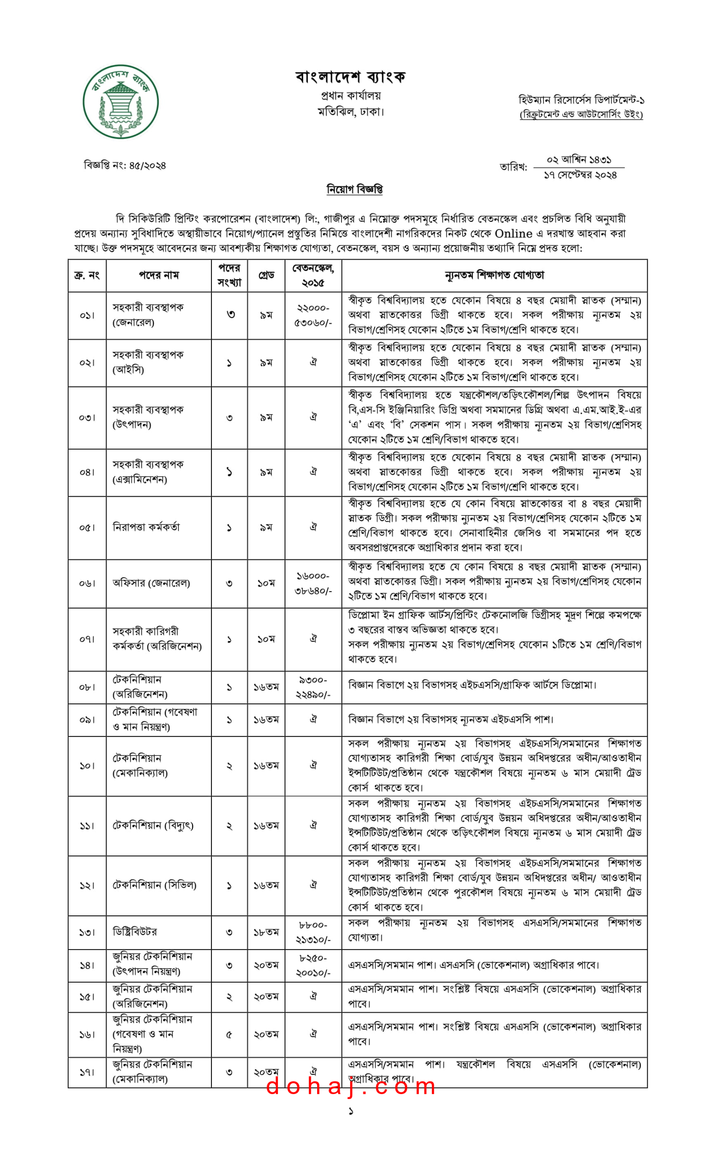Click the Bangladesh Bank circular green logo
pyautogui.click(x=121, y=101)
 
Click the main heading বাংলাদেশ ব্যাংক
pyautogui.click(x=350, y=76)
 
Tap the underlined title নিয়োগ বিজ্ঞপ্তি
pyautogui.click(x=354, y=189)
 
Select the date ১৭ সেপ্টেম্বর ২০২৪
pyautogui.click(x=580, y=175)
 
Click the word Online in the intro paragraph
pyautogui.click(x=513, y=233)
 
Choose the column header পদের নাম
pyautogui.click(x=159, y=275)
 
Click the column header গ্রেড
pyautogui.click(x=266, y=275)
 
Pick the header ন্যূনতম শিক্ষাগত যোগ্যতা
pyautogui.click(x=494, y=275)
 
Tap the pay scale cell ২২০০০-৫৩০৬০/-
pyautogui.click(x=313, y=315)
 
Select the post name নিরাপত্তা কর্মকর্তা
pyautogui.click(x=146, y=527)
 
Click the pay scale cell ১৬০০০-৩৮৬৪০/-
pyautogui.click(x=313, y=583)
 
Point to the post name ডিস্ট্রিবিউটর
pyautogui.click(x=135, y=932)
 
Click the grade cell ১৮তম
pyautogui.click(x=266, y=932)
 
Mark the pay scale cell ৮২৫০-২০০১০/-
pyautogui.click(x=313, y=965)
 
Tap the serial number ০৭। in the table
pyautogui.click(x=87, y=639)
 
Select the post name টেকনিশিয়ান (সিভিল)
pyautogui.click(x=154, y=886)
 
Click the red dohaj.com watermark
pyautogui.click(x=351, y=1086)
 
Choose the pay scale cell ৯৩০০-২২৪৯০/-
pyautogui.click(x=313, y=687)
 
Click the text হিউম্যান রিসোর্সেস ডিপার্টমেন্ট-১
pyautogui.click(x=581, y=100)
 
